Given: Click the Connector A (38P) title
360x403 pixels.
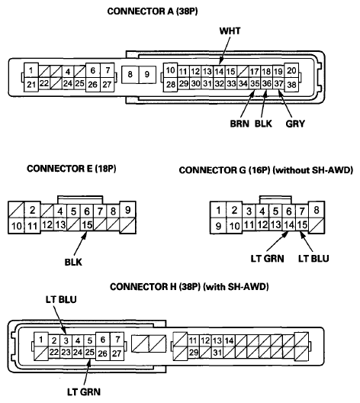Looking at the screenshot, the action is (153, 11).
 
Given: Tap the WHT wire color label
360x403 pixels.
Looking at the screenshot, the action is (230, 31).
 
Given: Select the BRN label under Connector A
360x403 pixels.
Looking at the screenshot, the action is (239, 124).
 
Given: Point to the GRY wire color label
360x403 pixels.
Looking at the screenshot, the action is (295, 124).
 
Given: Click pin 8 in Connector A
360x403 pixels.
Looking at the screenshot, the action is (130, 75).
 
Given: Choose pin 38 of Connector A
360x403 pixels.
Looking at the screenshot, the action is (291, 84).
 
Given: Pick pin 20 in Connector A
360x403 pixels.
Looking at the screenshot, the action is (291, 70).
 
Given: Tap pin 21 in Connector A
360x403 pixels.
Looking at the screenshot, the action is (31, 84).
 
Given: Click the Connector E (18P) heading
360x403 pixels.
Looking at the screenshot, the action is (72, 169).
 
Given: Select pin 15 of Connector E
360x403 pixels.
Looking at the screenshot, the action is (87, 225).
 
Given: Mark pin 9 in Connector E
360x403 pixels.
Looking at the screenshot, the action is (128, 210).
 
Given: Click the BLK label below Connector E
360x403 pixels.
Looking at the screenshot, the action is (73, 262).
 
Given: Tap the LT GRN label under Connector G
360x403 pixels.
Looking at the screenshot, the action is (267, 258).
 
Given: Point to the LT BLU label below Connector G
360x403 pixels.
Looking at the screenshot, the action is (313, 258).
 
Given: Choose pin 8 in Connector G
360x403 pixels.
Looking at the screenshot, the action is (317, 210).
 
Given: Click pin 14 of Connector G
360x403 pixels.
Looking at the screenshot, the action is (289, 225).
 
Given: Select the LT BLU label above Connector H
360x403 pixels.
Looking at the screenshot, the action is (61, 299).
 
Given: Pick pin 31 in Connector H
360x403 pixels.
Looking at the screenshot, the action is (217, 352).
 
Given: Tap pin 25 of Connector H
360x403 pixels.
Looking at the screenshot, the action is (89, 352).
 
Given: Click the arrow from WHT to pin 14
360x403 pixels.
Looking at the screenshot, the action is (225, 50).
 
